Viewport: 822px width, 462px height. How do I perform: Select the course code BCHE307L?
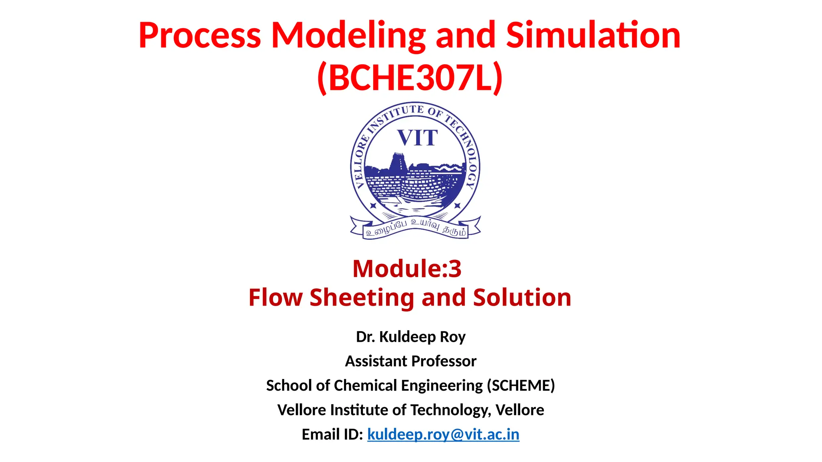(x=410, y=78)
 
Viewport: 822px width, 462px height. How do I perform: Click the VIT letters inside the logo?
(x=417, y=138)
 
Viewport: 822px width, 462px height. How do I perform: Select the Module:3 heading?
(x=407, y=268)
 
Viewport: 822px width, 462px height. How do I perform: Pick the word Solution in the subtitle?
(x=522, y=298)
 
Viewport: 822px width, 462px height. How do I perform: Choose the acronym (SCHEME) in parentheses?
(x=521, y=385)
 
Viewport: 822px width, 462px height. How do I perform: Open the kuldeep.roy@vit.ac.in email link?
(x=443, y=434)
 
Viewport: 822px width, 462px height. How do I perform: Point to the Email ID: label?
(x=332, y=434)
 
